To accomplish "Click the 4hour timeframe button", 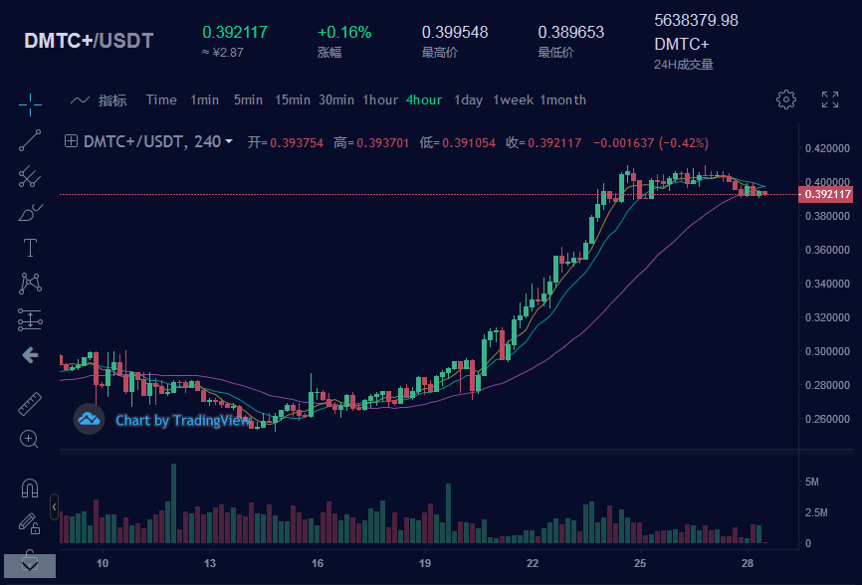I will pos(424,99).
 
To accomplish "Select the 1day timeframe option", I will pos(468,99).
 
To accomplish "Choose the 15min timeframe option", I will pos(293,99).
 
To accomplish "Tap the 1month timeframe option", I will pos(563,99).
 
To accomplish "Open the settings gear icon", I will pos(786,99).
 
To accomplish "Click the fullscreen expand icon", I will pos(829,99).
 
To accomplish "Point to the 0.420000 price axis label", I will pos(826,149).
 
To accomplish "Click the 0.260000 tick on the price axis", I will pos(826,419).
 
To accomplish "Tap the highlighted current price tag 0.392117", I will pos(827,194).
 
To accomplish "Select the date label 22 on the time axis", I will pos(533,563).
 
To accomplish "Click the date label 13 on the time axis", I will pos(210,563).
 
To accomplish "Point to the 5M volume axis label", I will pos(811,482).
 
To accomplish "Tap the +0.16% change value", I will pos(344,32).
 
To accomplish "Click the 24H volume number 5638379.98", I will pos(696,20).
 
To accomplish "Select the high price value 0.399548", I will pos(455,32).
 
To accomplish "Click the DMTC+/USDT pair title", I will pos(89,41).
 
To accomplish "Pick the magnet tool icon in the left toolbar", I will pos(30,488).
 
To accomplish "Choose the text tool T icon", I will pos(30,248).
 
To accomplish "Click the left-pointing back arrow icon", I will pos(30,354).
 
